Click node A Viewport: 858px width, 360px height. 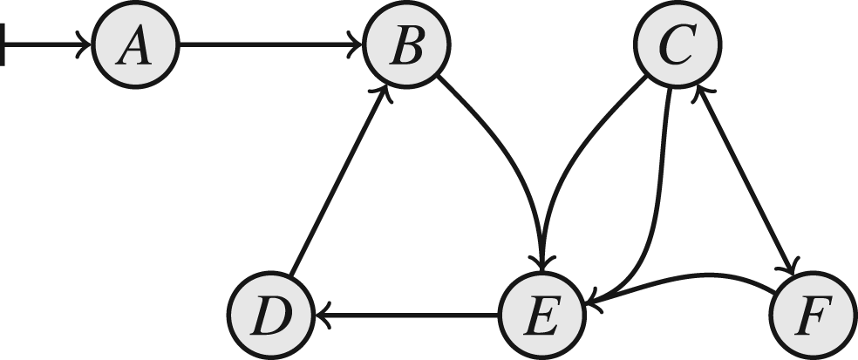(135, 44)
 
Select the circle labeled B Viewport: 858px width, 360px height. (406, 44)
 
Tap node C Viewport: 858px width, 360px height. (678, 44)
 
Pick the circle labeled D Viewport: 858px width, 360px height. (271, 315)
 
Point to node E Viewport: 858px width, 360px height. (541, 315)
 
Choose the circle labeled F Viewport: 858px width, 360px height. (814, 315)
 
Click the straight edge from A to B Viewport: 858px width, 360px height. (271, 44)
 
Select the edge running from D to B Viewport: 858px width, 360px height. (338, 179)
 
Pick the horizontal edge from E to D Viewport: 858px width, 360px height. (406, 316)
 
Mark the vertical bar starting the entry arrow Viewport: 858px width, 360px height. (3, 44)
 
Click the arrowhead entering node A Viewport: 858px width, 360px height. (84, 44)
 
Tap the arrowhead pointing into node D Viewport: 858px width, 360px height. (323, 316)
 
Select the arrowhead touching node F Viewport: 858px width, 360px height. (791, 265)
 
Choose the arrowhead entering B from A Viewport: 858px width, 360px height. (355, 44)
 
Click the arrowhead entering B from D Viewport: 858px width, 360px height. (385, 92)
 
